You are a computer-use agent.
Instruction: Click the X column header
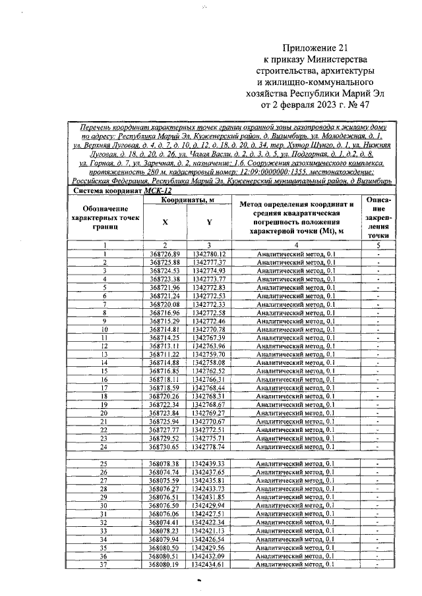click(x=165, y=222)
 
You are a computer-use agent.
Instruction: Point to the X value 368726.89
click(x=164, y=254)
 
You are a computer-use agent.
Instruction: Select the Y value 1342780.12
click(x=210, y=254)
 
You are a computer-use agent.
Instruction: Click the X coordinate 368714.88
click(x=164, y=362)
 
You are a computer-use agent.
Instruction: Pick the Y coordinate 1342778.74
click(x=210, y=446)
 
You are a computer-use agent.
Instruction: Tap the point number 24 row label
click(x=104, y=446)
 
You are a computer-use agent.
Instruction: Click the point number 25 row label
click(x=104, y=464)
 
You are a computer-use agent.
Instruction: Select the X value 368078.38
click(x=164, y=464)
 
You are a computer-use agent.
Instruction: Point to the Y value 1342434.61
click(x=210, y=564)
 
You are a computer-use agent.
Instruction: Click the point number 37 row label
click(x=104, y=564)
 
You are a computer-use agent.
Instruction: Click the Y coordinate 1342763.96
click(x=210, y=346)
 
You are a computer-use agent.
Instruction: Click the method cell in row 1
click(x=295, y=254)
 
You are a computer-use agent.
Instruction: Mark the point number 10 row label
click(x=104, y=329)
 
